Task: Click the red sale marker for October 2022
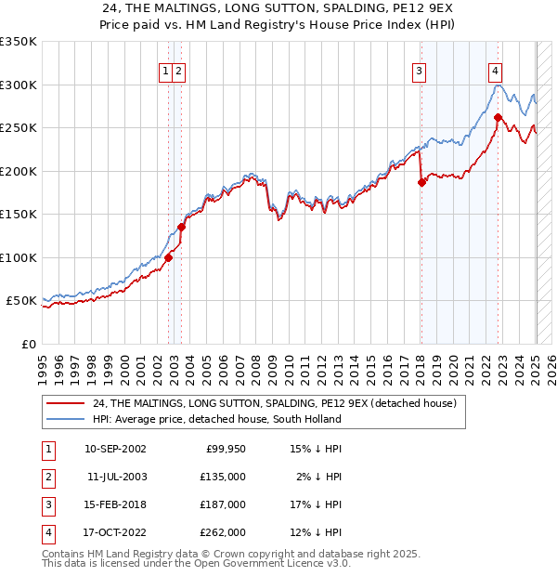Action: pyautogui.click(x=498, y=117)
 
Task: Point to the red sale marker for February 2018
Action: pyautogui.click(x=421, y=182)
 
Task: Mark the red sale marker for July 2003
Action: pyautogui.click(x=182, y=227)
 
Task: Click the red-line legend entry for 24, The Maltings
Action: pyautogui.click(x=274, y=404)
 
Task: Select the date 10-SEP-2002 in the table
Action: pyautogui.click(x=115, y=449)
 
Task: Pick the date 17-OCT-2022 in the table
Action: pyautogui.click(x=115, y=532)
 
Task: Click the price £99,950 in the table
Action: pyautogui.click(x=224, y=449)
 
